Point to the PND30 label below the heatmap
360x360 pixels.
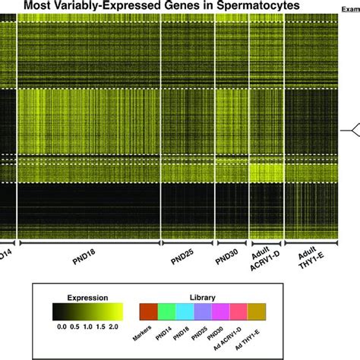point(226,256)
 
